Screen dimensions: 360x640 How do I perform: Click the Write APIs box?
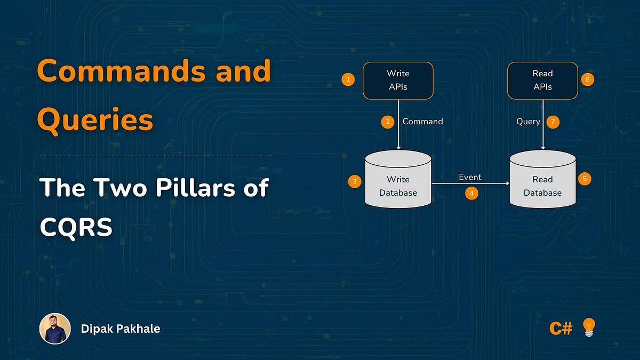click(x=398, y=81)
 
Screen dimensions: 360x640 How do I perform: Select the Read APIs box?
click(x=542, y=81)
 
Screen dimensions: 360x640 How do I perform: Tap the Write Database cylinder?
click(x=398, y=180)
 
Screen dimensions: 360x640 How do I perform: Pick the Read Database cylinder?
click(x=542, y=180)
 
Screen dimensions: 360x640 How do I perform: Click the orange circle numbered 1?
click(x=348, y=80)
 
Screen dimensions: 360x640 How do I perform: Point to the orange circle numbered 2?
click(x=388, y=122)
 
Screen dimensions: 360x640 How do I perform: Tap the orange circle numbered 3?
click(x=355, y=181)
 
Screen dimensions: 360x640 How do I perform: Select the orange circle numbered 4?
click(x=471, y=193)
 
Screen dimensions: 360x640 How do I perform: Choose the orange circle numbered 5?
click(x=585, y=179)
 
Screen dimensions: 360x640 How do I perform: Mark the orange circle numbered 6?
click(x=587, y=80)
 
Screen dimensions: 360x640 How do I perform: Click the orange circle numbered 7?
click(x=553, y=122)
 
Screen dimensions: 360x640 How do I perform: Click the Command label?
click(x=422, y=122)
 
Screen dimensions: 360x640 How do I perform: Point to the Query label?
click(x=528, y=122)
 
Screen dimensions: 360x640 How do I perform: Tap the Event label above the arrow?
click(x=470, y=177)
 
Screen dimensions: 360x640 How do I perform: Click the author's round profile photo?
click(x=55, y=329)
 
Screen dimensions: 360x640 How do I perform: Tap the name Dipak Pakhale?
click(x=121, y=329)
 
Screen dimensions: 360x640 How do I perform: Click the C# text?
click(x=561, y=328)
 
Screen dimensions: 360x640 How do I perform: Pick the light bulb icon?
click(x=588, y=327)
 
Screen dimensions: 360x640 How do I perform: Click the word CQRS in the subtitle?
click(x=76, y=228)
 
